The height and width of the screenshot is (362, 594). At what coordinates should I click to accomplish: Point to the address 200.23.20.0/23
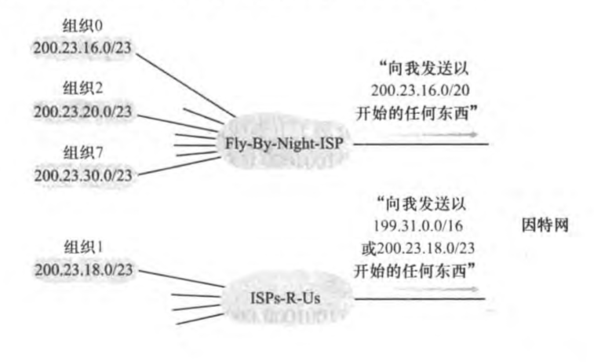click(x=82, y=111)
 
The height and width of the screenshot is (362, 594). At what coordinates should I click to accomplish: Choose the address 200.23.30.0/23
click(x=82, y=174)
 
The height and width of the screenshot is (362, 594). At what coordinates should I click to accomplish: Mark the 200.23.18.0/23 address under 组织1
click(x=82, y=269)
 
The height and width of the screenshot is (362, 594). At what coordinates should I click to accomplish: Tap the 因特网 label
click(x=545, y=225)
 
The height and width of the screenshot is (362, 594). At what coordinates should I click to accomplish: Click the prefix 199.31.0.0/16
click(x=423, y=228)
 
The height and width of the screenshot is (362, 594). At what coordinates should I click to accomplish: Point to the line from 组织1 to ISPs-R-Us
click(x=180, y=277)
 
